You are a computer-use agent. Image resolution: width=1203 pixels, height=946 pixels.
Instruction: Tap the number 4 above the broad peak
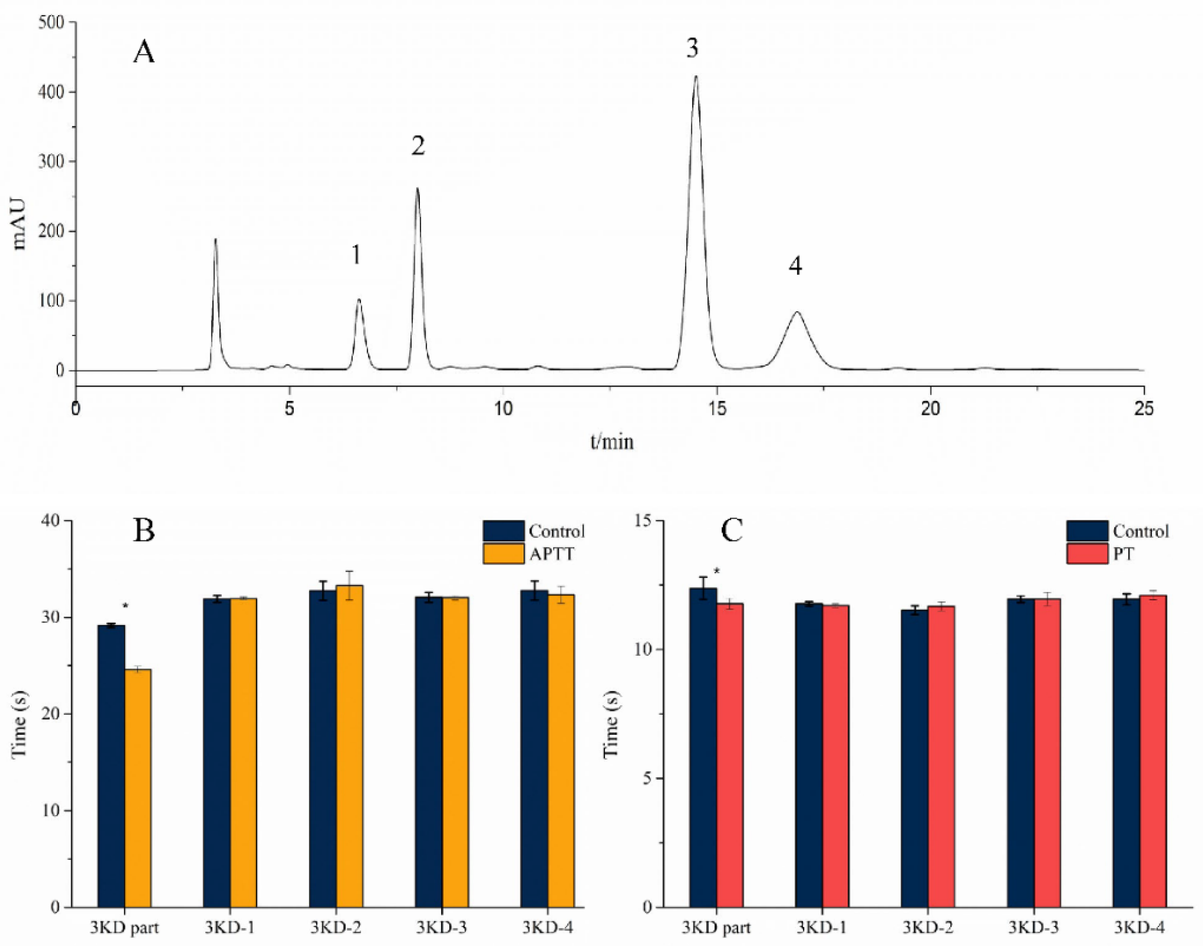pos(795,267)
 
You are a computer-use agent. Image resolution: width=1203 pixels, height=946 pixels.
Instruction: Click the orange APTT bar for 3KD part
pos(138,786)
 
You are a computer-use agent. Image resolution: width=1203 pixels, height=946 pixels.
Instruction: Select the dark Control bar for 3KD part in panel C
pos(703,748)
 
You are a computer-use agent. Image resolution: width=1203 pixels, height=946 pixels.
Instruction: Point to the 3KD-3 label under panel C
pos(1033,927)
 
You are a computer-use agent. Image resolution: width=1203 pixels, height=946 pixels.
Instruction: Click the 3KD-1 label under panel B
pos(230,927)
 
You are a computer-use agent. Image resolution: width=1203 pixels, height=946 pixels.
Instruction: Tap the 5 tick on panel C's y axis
pos(645,778)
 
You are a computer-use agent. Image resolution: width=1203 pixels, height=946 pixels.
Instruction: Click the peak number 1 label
pos(356,255)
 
